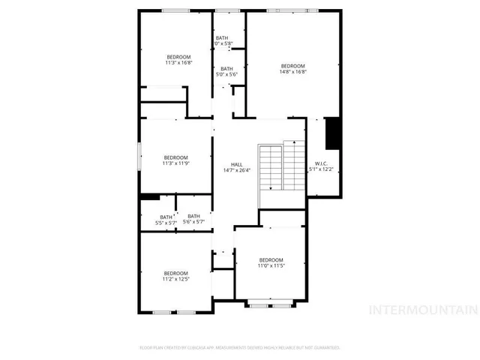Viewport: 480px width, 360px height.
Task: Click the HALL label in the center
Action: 236,164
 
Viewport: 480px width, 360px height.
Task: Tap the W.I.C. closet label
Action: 320,163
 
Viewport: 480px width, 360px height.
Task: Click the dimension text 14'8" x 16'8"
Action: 293,72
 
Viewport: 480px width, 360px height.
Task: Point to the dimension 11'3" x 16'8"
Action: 178,63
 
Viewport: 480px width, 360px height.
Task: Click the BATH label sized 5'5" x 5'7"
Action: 165,217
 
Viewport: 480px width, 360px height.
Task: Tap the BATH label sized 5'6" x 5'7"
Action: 193,216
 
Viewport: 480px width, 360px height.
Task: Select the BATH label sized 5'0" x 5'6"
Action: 226,69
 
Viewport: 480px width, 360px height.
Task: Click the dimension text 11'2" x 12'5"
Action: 175,279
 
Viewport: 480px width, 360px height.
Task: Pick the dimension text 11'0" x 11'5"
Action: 271,265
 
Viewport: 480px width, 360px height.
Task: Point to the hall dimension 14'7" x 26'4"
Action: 236,170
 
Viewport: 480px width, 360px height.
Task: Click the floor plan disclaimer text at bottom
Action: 240,347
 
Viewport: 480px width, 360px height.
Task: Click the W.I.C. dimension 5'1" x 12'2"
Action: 320,169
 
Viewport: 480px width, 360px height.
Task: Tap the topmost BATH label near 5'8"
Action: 222,37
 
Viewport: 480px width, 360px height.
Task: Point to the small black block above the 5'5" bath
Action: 149,197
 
